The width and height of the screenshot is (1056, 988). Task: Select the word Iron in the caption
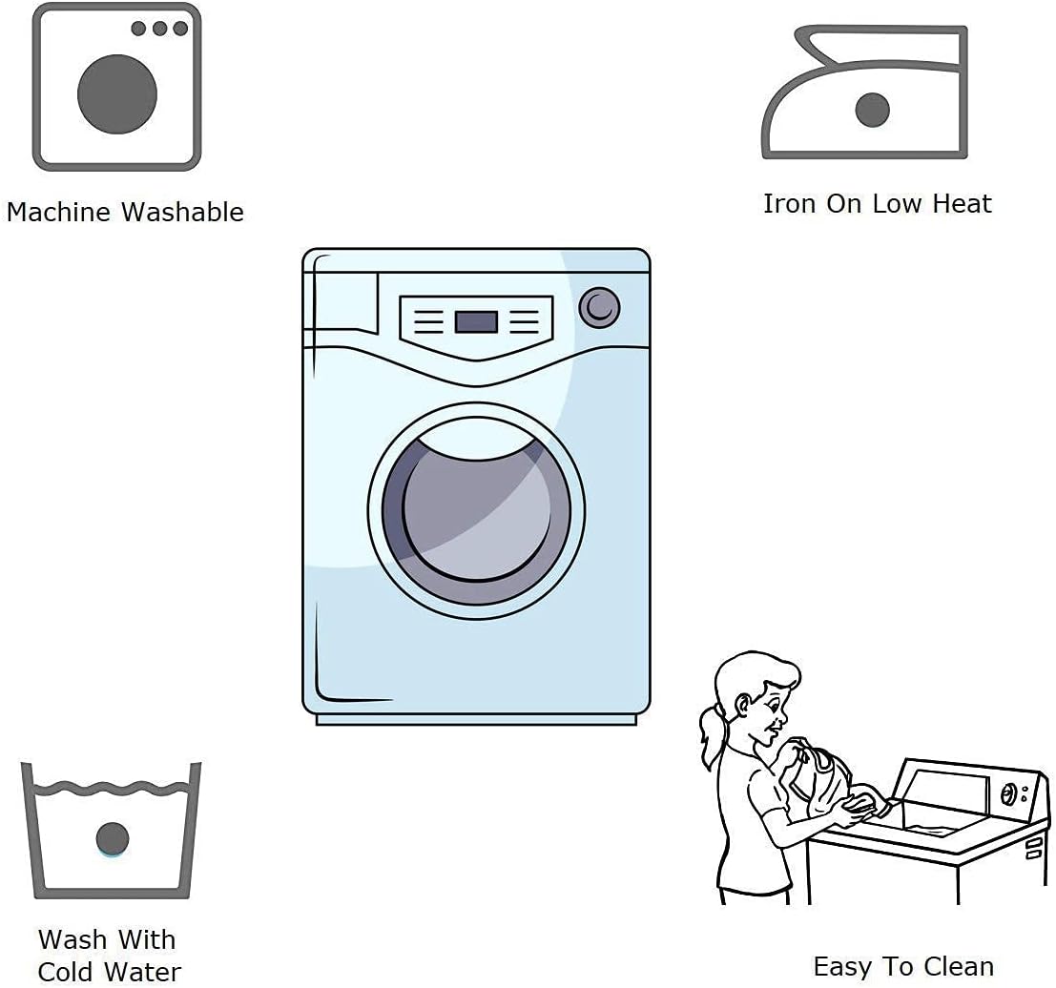[x=790, y=203]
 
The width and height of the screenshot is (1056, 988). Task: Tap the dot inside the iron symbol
[x=873, y=110]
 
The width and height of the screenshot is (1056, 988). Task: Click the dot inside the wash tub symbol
[x=113, y=837]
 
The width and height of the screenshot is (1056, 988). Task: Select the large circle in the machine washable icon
[x=117, y=94]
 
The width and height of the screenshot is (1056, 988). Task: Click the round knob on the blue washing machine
[x=600, y=307]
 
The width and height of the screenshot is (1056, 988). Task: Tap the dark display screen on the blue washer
[x=476, y=321]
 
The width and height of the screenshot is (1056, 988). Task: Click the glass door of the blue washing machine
[x=477, y=505]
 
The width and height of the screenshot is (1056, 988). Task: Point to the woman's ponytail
[x=711, y=734]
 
